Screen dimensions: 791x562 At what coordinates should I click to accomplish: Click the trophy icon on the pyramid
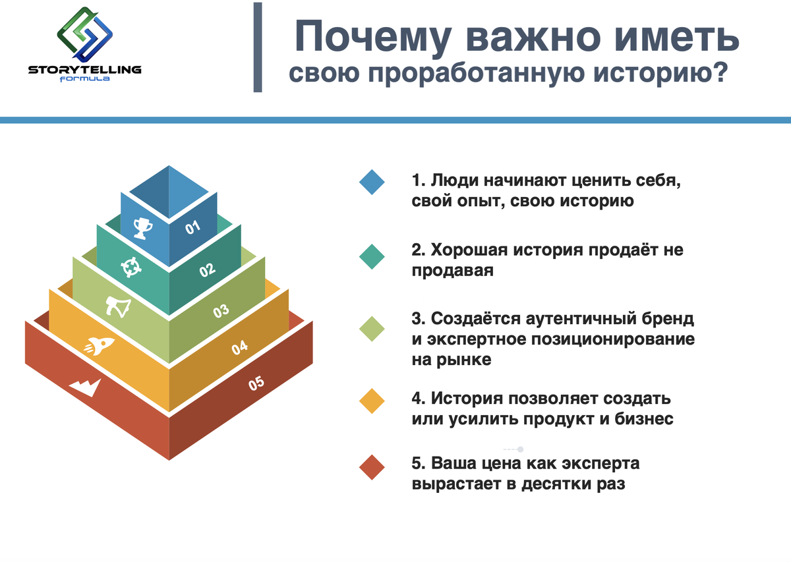[142, 228]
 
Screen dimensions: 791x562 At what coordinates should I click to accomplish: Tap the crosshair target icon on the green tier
[131, 267]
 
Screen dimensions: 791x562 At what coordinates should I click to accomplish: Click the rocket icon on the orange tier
[100, 346]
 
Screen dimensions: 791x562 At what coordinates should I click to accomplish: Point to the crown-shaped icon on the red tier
[85, 387]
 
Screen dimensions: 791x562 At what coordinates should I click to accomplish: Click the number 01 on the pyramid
[192, 227]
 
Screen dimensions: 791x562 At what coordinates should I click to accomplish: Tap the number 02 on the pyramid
[207, 270]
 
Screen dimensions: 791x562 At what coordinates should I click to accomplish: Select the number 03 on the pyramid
[221, 311]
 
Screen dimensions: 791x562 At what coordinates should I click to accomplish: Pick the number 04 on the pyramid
[239, 347]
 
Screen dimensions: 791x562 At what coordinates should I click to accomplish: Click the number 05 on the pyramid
[256, 383]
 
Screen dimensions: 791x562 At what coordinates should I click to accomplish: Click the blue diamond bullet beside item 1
[372, 182]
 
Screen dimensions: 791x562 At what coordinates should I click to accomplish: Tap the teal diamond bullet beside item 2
[372, 257]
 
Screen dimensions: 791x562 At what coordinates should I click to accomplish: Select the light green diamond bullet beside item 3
[372, 329]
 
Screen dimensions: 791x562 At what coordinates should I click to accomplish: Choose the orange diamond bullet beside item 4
[372, 401]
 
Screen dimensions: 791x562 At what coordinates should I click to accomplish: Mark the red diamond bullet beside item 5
[372, 467]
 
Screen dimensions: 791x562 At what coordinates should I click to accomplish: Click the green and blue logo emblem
[85, 34]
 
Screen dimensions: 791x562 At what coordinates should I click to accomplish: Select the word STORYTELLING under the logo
[85, 70]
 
